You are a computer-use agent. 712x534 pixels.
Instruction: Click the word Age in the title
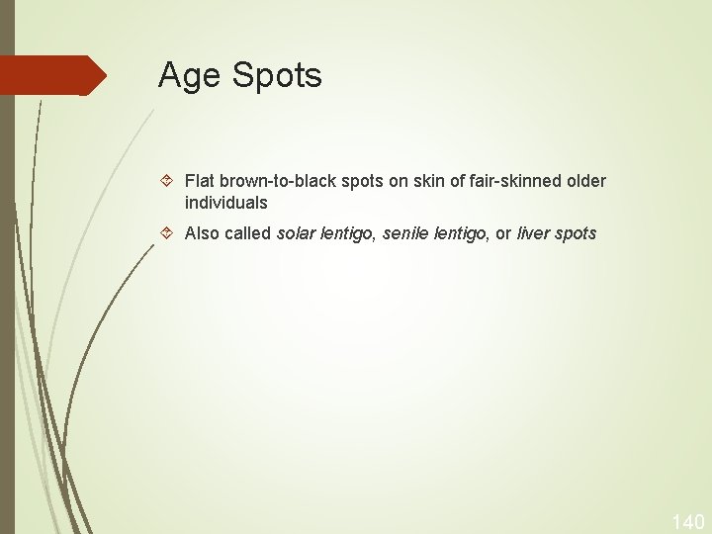pyautogui.click(x=189, y=76)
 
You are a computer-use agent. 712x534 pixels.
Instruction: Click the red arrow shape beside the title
pyautogui.click(x=53, y=75)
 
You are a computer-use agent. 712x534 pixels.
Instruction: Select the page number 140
pyautogui.click(x=687, y=521)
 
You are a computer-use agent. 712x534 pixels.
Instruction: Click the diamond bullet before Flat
pyautogui.click(x=167, y=181)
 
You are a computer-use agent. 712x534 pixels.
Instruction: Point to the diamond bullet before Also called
pyautogui.click(x=167, y=234)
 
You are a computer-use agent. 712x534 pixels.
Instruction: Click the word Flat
pyautogui.click(x=200, y=181)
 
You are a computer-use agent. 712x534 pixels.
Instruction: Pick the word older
pyautogui.click(x=584, y=181)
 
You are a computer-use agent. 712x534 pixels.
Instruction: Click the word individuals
pyautogui.click(x=225, y=203)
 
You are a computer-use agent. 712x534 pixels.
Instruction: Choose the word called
pyautogui.click(x=250, y=234)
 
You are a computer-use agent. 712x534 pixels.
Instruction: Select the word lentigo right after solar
pyautogui.click(x=347, y=234)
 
